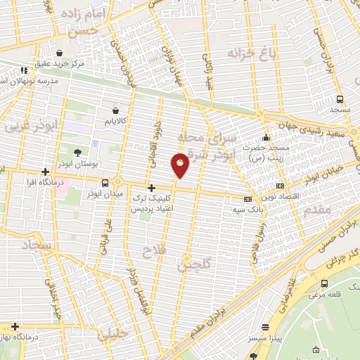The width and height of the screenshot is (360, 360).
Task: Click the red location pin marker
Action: tap(181, 165)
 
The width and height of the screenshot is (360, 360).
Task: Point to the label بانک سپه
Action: tap(248, 209)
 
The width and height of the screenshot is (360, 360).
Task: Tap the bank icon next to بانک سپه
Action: tap(247, 198)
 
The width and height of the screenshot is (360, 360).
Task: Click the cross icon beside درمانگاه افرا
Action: tap(46, 172)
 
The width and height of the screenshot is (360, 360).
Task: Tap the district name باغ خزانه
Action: tap(247, 53)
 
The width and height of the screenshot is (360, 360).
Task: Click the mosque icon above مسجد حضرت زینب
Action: tap(266, 137)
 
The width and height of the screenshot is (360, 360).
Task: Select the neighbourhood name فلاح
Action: tap(153, 250)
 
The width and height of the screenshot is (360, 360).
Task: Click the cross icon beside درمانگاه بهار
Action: tap(15, 326)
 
